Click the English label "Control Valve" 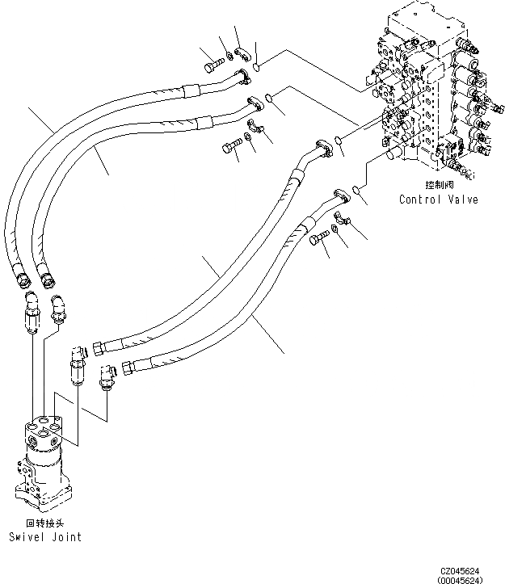438,199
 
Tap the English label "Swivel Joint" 45,536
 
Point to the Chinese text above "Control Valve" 437,186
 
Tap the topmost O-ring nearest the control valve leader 256,67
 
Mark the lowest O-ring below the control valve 356,190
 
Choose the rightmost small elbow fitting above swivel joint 106,376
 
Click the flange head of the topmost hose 238,78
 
